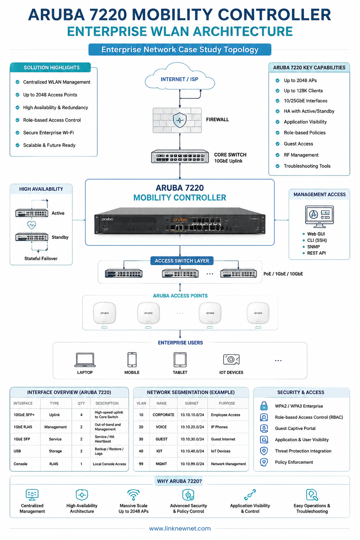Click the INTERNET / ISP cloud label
pos(179,79)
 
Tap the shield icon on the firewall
pos(180,120)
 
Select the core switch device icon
pos(180,156)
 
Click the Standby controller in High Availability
pos(32,237)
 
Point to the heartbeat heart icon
pos(32,225)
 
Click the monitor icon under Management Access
pos(319,217)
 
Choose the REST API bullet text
pos(316,253)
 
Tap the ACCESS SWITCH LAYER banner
pos(182,261)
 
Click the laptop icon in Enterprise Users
pos(85,360)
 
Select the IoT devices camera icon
pos(231,359)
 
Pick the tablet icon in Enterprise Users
pos(180,360)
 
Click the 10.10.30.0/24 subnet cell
pos(192,439)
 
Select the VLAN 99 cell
pos(141,464)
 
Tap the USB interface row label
pos(17,451)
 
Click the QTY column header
pos(81,403)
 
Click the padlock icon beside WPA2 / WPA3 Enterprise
pos(264,406)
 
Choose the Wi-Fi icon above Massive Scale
pos(133,494)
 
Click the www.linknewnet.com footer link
pos(180,528)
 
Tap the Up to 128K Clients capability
pos(303,91)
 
